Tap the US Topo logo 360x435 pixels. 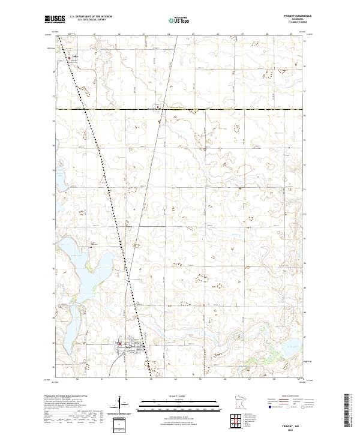181,19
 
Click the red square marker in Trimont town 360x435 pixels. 119,344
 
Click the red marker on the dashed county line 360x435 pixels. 159,109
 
